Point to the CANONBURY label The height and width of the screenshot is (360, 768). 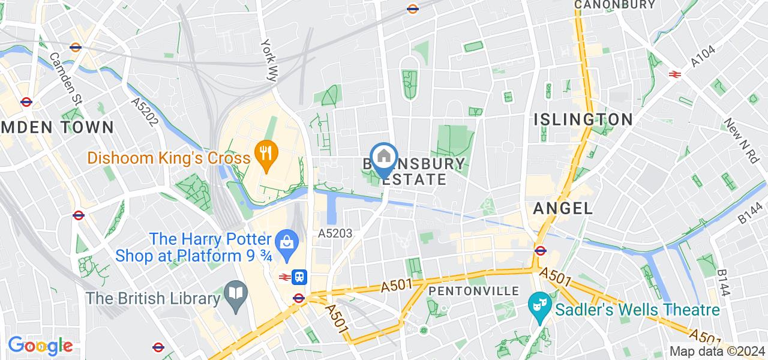[614, 5]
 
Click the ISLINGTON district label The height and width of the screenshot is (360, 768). [583, 119]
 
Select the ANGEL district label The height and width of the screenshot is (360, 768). [562, 209]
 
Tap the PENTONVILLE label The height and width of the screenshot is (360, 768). [474, 291]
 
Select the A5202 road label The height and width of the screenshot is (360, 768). [144, 112]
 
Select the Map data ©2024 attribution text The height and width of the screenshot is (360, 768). [717, 352]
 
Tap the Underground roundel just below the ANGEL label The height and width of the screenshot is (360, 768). [540, 250]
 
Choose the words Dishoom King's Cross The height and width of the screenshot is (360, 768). [169, 158]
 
